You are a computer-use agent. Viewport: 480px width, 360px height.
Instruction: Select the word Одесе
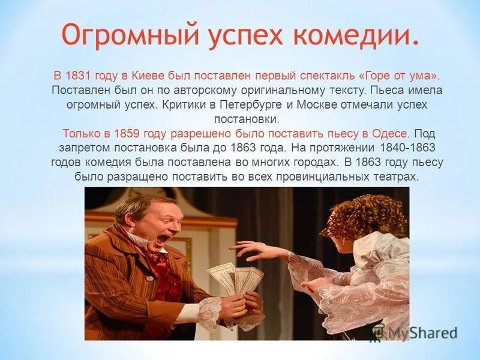[x=391, y=133]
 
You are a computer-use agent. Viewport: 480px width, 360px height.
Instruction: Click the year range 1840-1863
[x=403, y=148]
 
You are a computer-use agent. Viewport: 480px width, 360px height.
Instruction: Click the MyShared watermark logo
[x=413, y=332]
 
